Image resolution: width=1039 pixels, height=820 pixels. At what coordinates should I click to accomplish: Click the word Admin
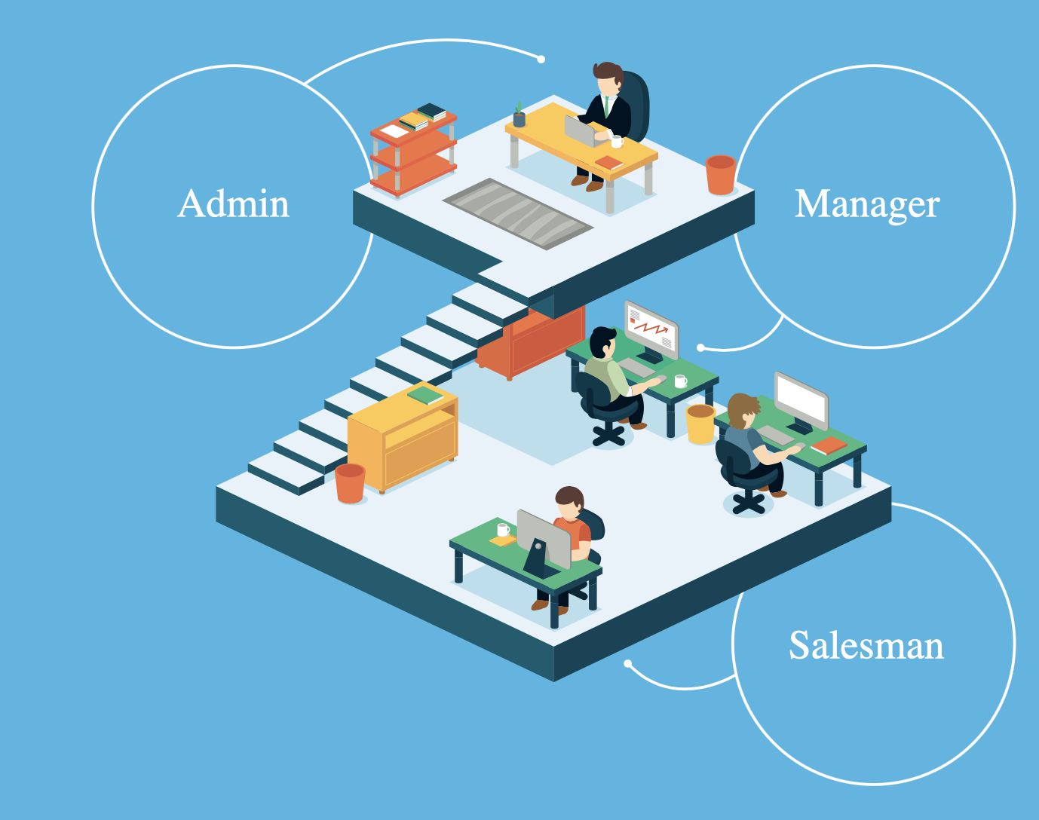click(234, 204)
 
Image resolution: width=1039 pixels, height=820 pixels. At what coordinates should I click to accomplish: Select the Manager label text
click(867, 204)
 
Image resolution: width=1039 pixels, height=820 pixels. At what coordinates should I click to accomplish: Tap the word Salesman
click(866, 646)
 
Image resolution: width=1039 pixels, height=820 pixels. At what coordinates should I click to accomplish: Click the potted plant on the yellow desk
click(519, 115)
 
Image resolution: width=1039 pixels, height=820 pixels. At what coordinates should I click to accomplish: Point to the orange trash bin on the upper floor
click(720, 175)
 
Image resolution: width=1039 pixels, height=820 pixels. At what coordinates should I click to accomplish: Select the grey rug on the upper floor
click(517, 213)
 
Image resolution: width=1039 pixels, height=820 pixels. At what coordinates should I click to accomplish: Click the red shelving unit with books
click(414, 151)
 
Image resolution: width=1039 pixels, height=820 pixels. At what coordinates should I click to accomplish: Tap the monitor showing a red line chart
click(651, 329)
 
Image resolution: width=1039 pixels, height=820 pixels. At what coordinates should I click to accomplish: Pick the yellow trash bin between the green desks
click(700, 424)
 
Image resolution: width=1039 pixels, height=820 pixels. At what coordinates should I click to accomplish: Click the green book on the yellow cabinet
click(426, 394)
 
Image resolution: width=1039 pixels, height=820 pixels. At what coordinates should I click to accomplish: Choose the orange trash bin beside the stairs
click(350, 483)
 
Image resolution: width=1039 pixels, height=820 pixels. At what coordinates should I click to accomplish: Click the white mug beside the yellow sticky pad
click(503, 529)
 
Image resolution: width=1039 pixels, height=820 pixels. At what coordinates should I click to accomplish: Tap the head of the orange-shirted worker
click(569, 503)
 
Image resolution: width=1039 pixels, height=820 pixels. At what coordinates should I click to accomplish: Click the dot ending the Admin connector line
click(541, 59)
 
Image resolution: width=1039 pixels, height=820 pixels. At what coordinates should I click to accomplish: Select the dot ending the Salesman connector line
click(627, 663)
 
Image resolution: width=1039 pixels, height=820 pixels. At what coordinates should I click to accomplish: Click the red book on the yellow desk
click(608, 162)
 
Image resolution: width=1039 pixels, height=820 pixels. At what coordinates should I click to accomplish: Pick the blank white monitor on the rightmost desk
click(801, 399)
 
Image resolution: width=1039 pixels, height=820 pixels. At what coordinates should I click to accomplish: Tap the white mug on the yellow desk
click(616, 141)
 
